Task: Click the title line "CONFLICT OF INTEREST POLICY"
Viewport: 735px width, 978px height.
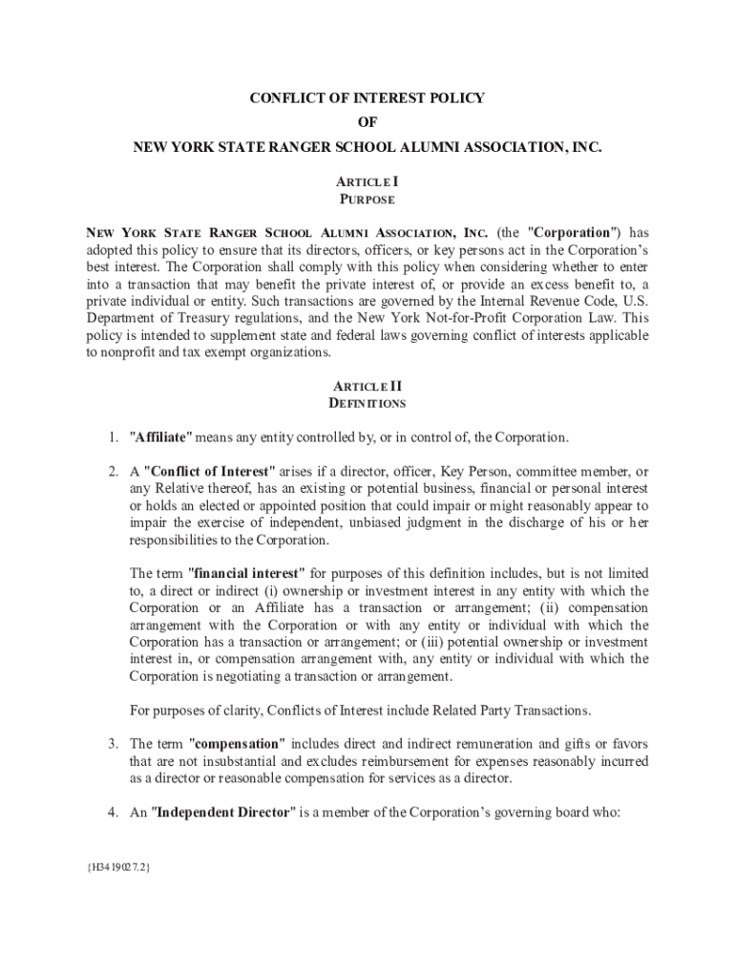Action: [x=367, y=98]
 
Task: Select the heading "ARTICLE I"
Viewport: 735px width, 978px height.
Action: [x=367, y=181]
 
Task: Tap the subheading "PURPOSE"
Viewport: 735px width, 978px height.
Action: [x=367, y=200]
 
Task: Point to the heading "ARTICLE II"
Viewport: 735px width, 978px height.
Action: [x=367, y=386]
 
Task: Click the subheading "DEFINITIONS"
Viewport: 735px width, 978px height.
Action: [x=367, y=404]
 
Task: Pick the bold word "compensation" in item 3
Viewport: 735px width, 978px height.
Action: [x=237, y=744]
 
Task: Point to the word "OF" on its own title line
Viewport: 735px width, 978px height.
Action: [x=367, y=123]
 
